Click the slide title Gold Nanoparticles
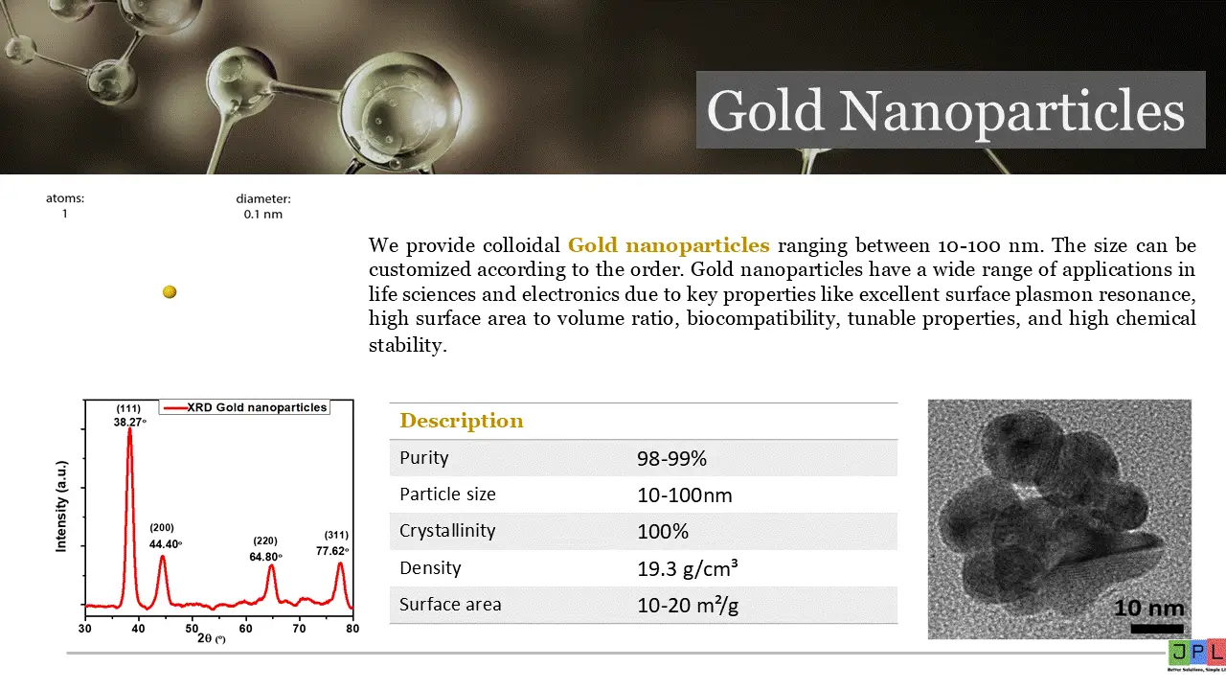[946, 111]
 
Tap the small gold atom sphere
[170, 292]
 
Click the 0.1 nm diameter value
[263, 215]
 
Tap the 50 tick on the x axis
[193, 628]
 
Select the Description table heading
[462, 421]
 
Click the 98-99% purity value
[671, 458]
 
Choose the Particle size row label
[447, 494]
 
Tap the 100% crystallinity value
[663, 531]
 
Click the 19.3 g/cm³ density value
[687, 568]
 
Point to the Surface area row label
[450, 605]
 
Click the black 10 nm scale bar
[1156, 629]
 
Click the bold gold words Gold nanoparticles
[669, 244]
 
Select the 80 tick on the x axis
[352, 628]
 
